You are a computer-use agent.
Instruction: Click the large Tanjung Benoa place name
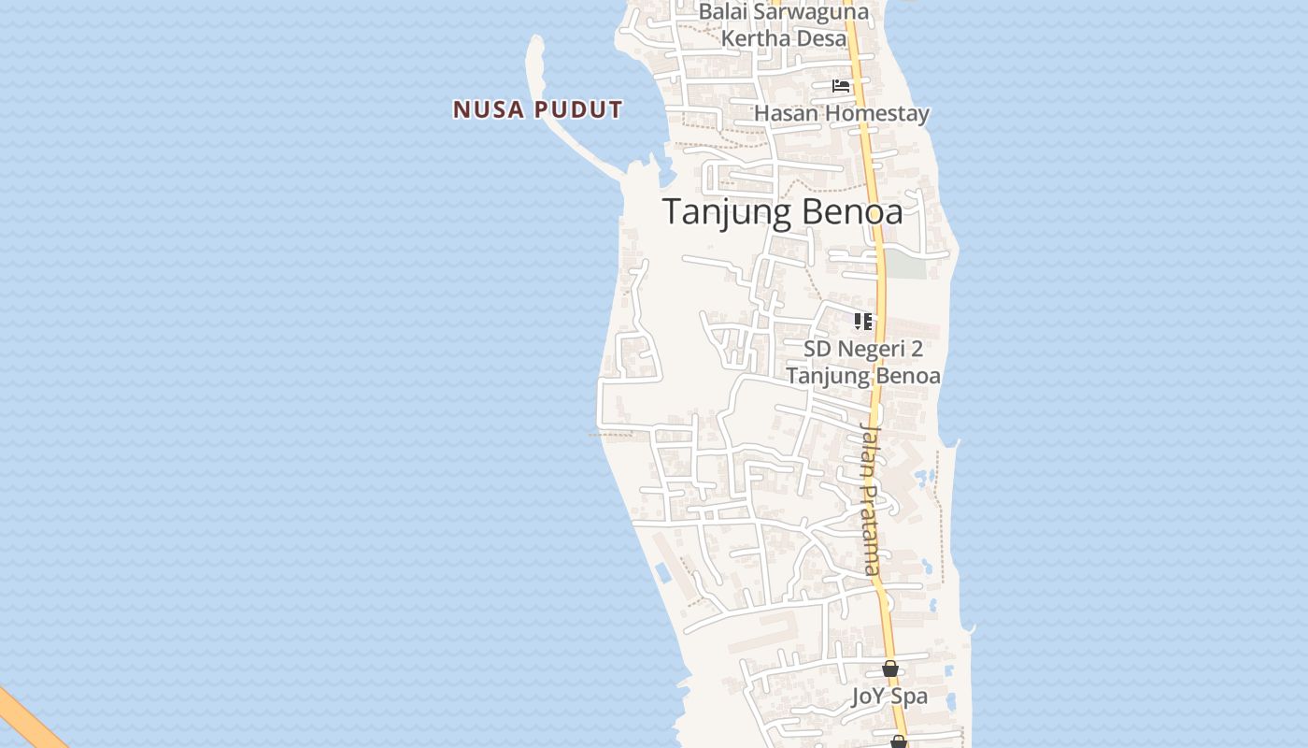tap(783, 212)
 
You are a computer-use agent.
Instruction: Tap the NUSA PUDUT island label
tap(537, 109)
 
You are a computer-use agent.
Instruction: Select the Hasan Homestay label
tap(841, 114)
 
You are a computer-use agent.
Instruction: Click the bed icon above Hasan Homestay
tap(841, 86)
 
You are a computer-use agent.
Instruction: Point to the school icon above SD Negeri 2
tap(862, 322)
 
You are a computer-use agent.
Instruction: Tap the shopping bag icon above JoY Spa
tap(890, 669)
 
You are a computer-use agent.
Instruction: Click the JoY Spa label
tap(889, 697)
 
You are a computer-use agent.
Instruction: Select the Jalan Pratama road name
tap(870, 498)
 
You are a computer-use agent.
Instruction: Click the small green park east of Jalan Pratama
tap(904, 265)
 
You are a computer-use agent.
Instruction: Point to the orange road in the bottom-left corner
tap(28, 720)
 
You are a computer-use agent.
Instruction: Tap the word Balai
tap(722, 12)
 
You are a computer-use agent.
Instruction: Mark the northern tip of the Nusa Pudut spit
tap(536, 39)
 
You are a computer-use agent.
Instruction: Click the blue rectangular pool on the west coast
tap(662, 572)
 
